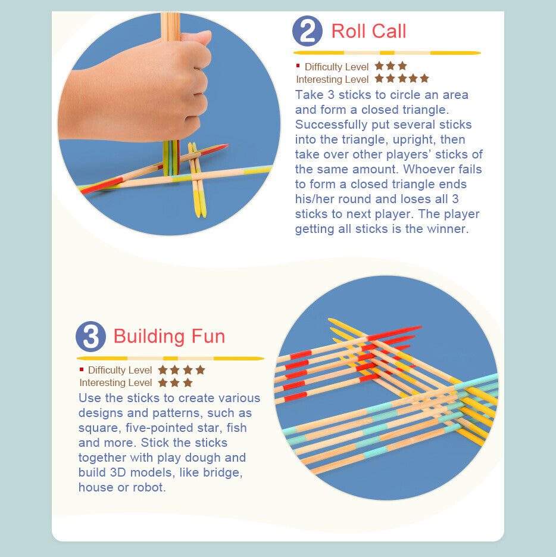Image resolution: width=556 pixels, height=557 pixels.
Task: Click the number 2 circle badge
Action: [307, 31]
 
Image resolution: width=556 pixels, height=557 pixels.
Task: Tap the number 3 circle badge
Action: [90, 337]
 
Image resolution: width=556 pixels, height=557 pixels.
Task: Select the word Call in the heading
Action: [389, 31]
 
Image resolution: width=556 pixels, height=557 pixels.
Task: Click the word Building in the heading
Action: [149, 337]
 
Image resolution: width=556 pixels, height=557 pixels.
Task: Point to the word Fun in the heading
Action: [208, 337]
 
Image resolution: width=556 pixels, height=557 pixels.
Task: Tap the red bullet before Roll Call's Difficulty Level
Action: [298, 66]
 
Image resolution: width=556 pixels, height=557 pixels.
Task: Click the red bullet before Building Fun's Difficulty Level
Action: [82, 369]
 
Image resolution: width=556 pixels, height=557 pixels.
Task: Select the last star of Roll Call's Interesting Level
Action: [424, 78]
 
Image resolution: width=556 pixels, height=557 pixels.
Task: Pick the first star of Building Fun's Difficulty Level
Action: [163, 370]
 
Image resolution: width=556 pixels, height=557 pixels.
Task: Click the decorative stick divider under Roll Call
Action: [387, 53]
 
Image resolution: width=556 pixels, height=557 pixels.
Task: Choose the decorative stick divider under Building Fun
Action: [170, 359]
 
